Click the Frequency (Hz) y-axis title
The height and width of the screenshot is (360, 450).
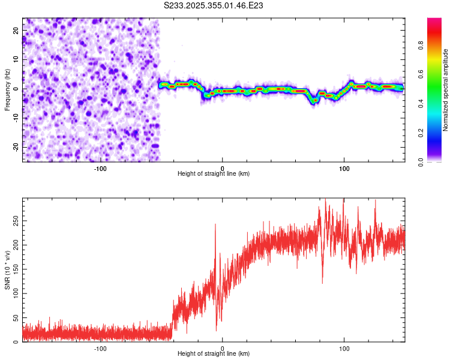[7, 89]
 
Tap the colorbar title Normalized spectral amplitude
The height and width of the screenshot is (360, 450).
[445, 90]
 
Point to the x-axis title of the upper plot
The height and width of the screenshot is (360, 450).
[214, 173]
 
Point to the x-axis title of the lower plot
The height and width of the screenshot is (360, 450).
[214, 353]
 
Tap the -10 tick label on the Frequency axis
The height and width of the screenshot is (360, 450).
[15, 118]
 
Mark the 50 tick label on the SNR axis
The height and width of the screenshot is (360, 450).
[16, 318]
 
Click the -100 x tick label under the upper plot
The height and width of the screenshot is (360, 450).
[100, 167]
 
